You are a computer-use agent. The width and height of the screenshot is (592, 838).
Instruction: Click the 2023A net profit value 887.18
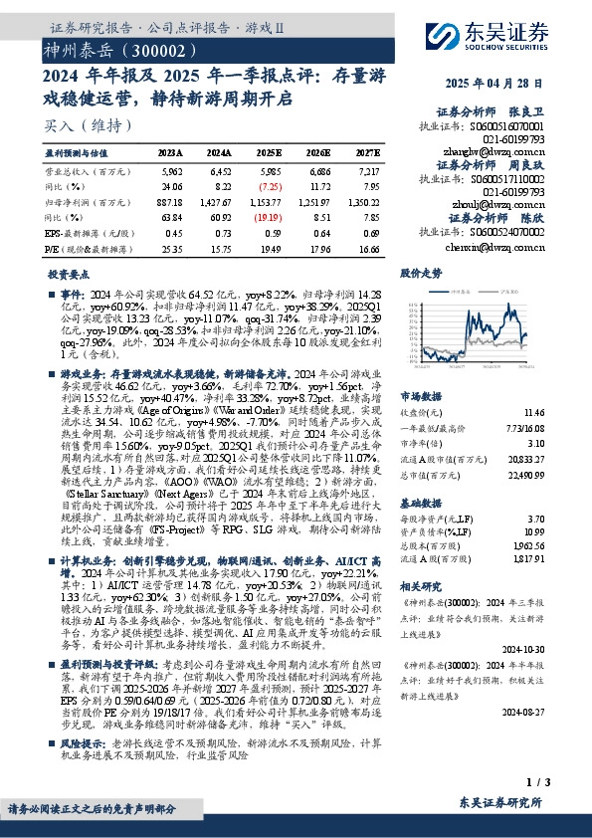[169, 201]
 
